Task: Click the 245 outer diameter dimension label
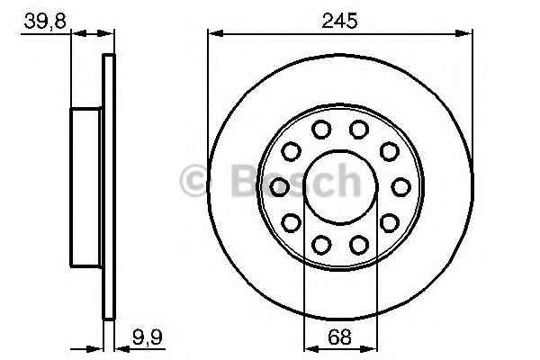point(339,21)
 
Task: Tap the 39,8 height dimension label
point(45,22)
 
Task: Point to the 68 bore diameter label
point(339,337)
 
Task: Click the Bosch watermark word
point(296,181)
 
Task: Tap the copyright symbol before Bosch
point(193,181)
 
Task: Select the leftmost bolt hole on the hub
point(279,187)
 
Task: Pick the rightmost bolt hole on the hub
point(401,187)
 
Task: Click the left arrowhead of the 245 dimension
point(216,33)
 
